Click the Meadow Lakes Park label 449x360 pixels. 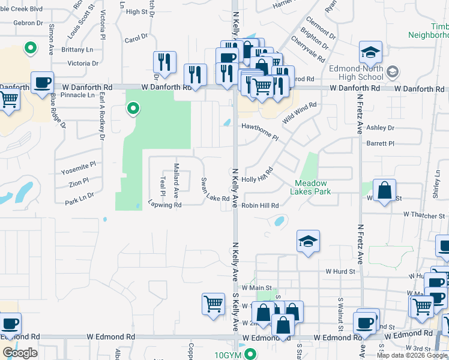311,187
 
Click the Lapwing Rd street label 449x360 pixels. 164,205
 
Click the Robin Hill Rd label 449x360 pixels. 260,205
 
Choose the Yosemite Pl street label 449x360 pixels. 79,168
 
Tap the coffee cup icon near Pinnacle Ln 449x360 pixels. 42,82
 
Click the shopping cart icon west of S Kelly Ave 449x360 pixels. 214,304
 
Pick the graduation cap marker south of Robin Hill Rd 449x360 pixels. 309,241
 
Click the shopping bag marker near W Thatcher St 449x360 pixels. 384,190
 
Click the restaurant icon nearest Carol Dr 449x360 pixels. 164,62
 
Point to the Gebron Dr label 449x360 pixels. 28,23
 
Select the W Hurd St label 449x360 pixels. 340,272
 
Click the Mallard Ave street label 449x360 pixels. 176,181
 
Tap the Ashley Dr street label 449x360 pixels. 380,128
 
